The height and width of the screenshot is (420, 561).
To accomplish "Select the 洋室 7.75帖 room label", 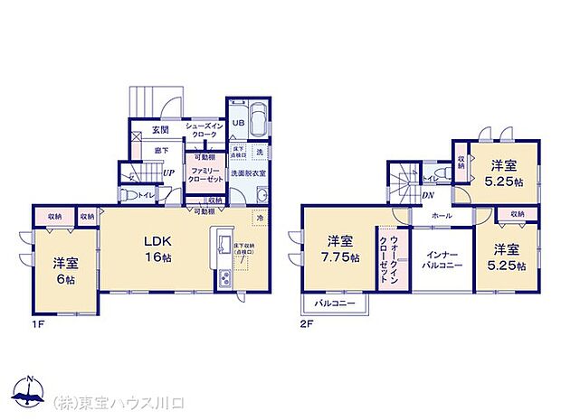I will coord(341,249).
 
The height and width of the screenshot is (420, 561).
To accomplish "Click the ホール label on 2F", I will coord(442,217).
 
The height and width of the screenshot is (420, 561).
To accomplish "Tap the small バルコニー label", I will coord(336,303).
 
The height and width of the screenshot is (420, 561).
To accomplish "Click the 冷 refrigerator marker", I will coord(258,219).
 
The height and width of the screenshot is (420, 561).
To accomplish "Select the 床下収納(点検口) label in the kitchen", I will coord(243,248).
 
